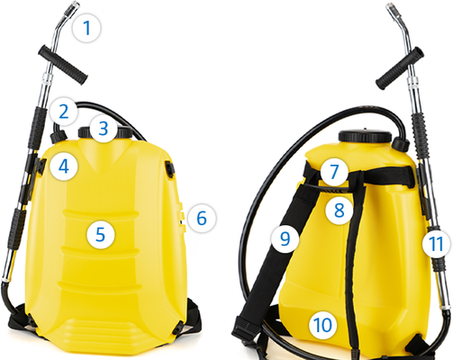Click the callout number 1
coord(87,28)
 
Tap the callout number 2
coord(64,112)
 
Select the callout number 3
coord(104,129)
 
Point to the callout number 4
coord(64,166)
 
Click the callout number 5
coord(101,234)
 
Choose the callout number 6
coord(202,218)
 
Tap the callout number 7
coord(334,171)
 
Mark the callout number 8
coord(340,210)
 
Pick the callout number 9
coord(285,238)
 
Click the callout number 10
coord(323,325)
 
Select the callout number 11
coord(437,244)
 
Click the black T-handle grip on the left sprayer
coord(63,65)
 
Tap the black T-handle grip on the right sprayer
coord(400,68)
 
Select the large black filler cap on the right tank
coord(365,137)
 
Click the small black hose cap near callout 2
coord(59,136)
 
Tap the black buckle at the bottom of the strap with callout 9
coord(242,328)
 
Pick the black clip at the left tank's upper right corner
coord(169,168)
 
